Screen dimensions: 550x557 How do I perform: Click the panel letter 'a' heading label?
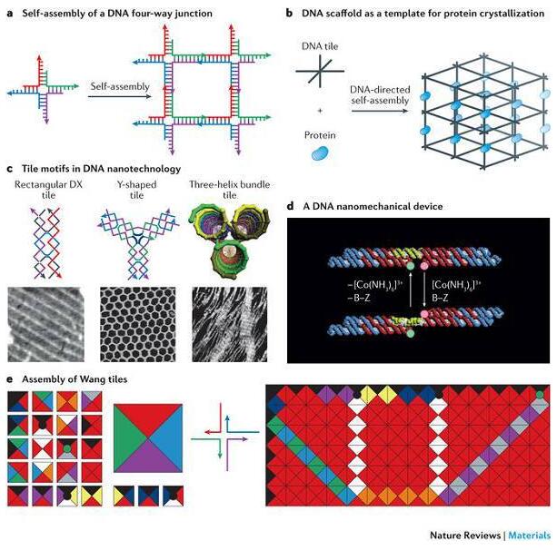tap(9, 14)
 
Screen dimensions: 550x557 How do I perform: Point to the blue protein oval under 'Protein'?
tap(318, 154)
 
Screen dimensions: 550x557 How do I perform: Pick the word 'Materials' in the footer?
tap(531, 534)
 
